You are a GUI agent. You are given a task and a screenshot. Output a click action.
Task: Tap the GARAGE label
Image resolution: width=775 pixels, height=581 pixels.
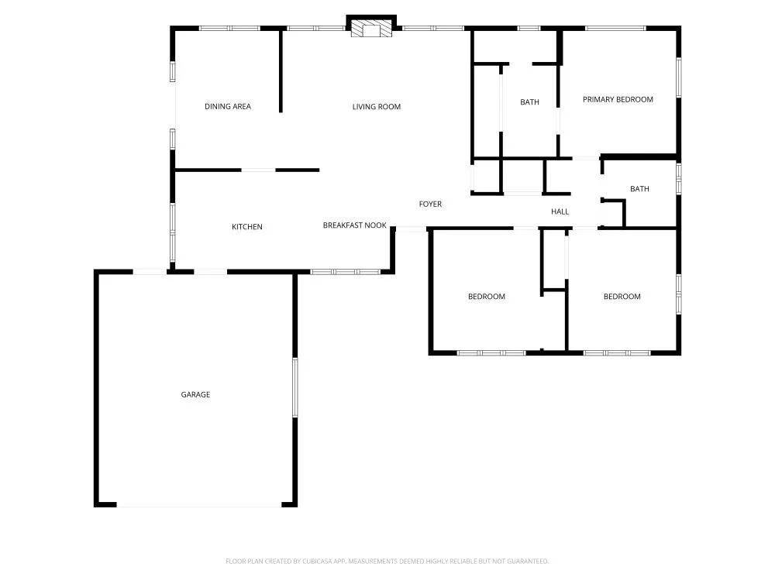[x=195, y=394]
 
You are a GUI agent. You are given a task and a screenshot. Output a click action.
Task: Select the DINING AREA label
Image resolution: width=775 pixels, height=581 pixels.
[x=228, y=106]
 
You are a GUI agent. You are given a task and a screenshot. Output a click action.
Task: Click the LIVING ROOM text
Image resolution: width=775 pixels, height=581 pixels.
[x=377, y=106]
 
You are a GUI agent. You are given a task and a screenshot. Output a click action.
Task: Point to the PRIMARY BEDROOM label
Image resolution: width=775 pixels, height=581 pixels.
[x=618, y=99]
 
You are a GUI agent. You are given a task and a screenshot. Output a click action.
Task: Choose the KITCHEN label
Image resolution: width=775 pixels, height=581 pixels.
[x=247, y=227]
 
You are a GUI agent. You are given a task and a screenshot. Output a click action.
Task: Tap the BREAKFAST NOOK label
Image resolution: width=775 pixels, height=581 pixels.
[x=354, y=225]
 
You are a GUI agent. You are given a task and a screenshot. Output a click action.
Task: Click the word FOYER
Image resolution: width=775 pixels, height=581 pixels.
[x=430, y=204]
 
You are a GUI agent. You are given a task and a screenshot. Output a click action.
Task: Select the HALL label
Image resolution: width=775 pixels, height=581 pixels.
[x=560, y=211]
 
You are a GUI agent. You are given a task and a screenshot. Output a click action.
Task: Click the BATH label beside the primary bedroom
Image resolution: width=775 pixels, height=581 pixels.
[x=529, y=102]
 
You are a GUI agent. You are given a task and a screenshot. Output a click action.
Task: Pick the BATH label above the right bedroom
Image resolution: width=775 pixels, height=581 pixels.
[x=639, y=189]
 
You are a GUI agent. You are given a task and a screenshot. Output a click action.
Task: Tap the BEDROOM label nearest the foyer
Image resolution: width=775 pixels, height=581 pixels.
[x=487, y=297]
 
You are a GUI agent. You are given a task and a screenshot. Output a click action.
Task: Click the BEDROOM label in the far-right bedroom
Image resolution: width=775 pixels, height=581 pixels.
[x=622, y=297]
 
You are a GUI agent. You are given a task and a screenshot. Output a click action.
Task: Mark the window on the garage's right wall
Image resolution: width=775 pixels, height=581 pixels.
[x=294, y=387]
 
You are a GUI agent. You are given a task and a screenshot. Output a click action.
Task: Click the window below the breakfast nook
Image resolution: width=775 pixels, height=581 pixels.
[x=345, y=272]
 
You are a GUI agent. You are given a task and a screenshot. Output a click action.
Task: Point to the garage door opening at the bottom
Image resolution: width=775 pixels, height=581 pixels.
[x=199, y=506]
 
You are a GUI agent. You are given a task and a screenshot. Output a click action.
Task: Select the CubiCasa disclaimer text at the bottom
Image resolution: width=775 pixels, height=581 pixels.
[x=387, y=561]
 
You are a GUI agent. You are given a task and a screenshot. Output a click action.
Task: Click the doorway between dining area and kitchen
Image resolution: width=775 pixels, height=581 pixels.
[x=258, y=170]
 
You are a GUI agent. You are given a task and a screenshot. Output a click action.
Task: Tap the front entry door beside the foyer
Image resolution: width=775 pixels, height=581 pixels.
[x=411, y=229]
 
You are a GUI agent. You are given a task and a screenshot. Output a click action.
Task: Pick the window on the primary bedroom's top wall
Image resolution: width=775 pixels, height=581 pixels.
[x=615, y=29]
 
